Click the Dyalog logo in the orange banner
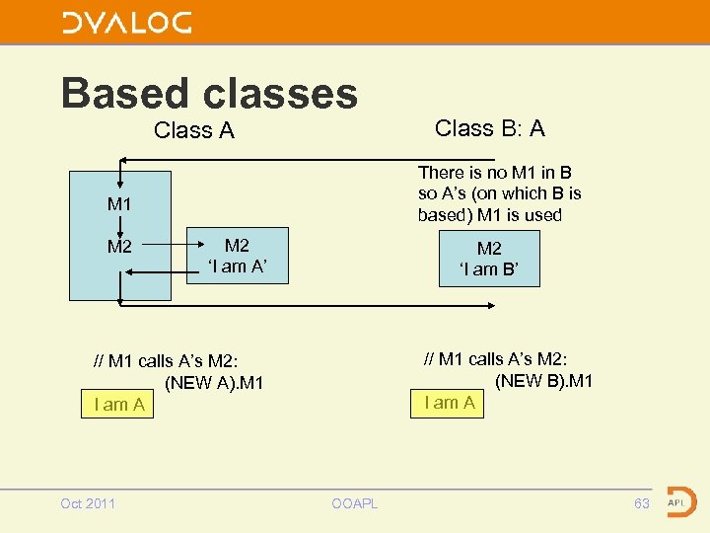(x=127, y=23)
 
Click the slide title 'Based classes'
(x=209, y=93)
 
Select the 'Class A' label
(x=194, y=130)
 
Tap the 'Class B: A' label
(x=489, y=128)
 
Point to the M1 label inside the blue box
(x=119, y=204)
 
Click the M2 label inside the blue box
(x=119, y=247)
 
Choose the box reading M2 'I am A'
(x=238, y=256)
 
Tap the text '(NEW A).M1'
(x=214, y=382)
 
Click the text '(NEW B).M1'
(x=543, y=380)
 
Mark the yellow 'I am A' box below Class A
(x=118, y=405)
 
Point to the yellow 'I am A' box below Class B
(x=449, y=403)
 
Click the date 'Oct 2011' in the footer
(x=88, y=504)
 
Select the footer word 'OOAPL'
(x=354, y=504)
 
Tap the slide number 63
(x=642, y=504)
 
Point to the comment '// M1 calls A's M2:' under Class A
(x=166, y=361)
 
